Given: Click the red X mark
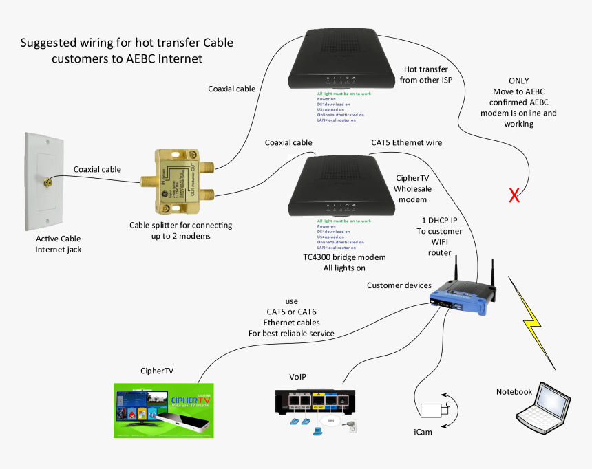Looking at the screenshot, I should click(514, 197).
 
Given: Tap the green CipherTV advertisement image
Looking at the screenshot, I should click(163, 411).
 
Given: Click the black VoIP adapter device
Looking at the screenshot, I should click(314, 402).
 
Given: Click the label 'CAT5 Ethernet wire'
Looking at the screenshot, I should click(406, 142).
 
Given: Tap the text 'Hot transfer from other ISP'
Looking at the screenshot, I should click(427, 75).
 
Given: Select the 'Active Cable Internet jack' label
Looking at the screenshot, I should click(59, 244).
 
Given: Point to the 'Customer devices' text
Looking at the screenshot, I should click(399, 285).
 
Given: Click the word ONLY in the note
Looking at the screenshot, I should click(519, 80).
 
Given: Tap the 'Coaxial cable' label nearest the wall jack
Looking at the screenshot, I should click(97, 169).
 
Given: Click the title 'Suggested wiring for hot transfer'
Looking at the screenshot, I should click(127, 43).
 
